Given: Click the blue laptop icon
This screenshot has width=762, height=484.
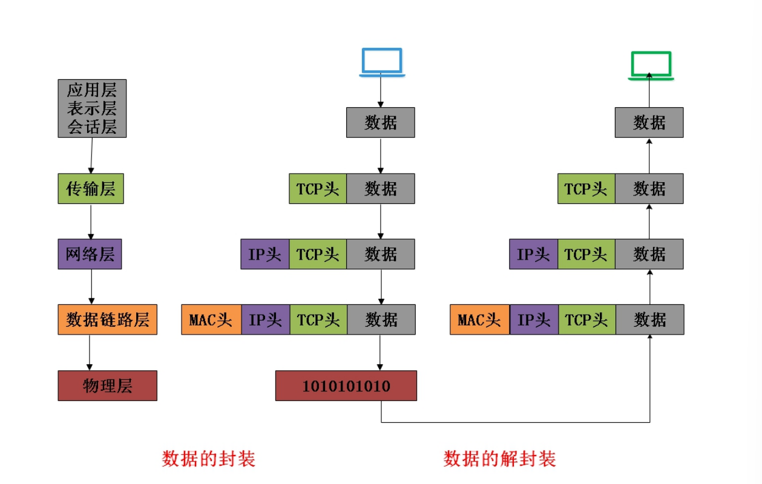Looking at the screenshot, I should coord(381,62).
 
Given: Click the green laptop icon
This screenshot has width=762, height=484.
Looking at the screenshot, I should coord(651,65).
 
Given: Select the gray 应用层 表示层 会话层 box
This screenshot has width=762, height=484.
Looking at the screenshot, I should coord(92,108).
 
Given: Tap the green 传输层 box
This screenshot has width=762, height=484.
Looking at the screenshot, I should coord(91,189).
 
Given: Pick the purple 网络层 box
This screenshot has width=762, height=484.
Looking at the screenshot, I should coord(90,254).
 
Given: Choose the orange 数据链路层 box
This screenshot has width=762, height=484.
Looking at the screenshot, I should coord(108,319).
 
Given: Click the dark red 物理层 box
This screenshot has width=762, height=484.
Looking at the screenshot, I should coord(107,385).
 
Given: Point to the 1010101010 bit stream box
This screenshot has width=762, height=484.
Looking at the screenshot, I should coord(346,386).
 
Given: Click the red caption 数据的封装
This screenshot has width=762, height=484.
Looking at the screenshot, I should coord(209,459).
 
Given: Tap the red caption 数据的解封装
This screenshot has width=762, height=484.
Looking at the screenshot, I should coord(499,459).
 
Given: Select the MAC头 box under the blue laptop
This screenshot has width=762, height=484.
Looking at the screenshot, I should coord(211,319).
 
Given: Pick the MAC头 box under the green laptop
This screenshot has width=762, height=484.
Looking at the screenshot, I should coord(480,319).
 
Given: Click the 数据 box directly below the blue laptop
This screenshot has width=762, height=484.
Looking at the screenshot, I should coord(381,123).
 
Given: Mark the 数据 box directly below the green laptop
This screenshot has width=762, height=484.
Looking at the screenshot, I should coord(649,123).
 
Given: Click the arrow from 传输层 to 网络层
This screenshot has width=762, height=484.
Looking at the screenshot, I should coord(91,221).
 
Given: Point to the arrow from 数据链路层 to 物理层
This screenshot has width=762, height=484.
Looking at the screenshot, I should coord(90,352).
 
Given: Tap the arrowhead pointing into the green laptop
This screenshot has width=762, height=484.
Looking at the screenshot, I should coord(649,76).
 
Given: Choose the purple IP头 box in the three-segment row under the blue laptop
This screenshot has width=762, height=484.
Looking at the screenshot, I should coord(265,254).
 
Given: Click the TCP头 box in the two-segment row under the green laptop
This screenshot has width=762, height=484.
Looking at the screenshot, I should coord(586,189).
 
